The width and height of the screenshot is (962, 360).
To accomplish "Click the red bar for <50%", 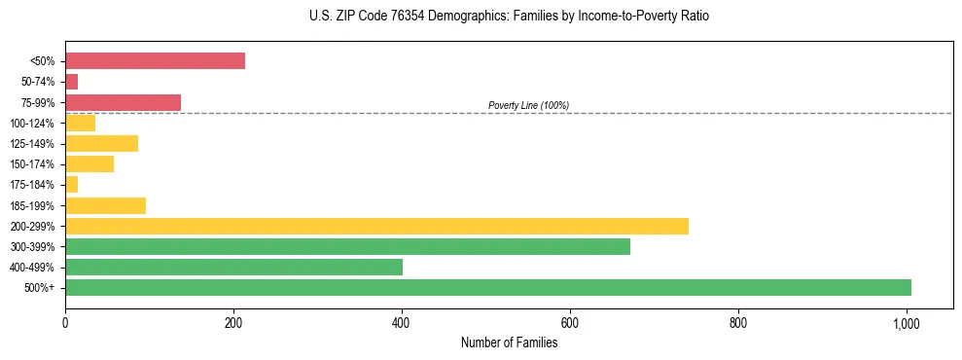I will (x=155, y=61).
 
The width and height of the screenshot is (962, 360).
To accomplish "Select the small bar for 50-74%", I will (x=71, y=82).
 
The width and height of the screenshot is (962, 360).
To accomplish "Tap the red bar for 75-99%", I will (x=123, y=102).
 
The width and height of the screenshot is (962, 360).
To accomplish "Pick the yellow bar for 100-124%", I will (x=80, y=123).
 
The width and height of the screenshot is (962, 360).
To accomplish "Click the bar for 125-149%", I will (x=101, y=144).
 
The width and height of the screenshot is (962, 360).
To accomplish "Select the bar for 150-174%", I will (x=89, y=164).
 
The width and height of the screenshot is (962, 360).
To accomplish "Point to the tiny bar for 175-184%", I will (x=71, y=185).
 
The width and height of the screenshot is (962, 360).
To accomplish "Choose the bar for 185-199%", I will (x=105, y=205).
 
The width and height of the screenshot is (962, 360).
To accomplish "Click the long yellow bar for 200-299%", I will (x=376, y=226).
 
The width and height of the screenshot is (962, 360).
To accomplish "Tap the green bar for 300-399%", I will (x=347, y=246).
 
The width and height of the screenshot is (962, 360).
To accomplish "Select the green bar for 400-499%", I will (x=233, y=267).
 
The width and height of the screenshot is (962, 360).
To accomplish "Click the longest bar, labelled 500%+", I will (x=488, y=287).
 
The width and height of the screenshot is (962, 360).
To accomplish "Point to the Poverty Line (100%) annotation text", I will (x=528, y=105).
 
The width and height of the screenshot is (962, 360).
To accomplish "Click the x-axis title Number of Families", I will (x=509, y=342).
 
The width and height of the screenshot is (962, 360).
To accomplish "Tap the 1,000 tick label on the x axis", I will (x=907, y=322).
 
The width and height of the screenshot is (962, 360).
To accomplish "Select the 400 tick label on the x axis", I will (x=402, y=322).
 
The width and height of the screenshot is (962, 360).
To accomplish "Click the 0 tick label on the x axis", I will (x=65, y=322).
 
